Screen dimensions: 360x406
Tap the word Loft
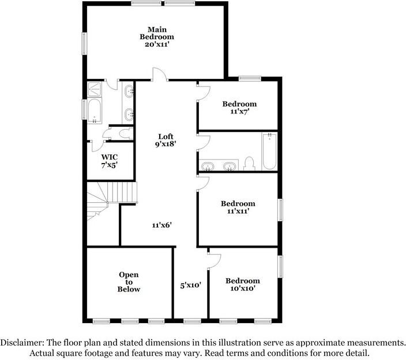(166, 137)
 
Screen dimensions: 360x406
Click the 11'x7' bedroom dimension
(239, 112)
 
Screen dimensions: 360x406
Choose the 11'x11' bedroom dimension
(238, 211)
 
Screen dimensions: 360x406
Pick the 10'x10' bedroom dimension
(243, 289)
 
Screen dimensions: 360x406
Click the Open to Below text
(129, 282)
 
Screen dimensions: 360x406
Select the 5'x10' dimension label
(190, 285)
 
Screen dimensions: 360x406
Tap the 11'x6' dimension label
(163, 225)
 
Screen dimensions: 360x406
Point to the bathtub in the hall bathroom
(269, 151)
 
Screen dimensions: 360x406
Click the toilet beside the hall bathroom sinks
(249, 164)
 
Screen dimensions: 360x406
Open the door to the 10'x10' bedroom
(213, 260)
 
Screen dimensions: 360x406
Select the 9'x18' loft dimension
(166, 145)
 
